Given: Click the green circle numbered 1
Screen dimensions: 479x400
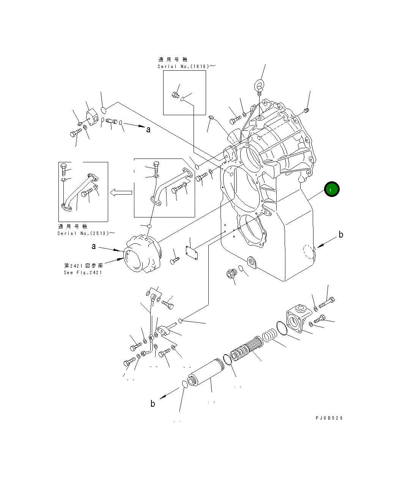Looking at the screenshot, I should pyautogui.click(x=331, y=189).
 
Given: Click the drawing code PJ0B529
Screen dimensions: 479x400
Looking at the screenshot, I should pyautogui.click(x=329, y=418).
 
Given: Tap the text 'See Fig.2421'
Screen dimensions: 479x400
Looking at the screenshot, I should pyautogui.click(x=83, y=272).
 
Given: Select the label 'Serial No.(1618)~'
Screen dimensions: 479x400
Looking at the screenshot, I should pyautogui.click(x=186, y=66).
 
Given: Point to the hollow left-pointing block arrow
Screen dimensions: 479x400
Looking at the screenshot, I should pyautogui.click(x=121, y=193).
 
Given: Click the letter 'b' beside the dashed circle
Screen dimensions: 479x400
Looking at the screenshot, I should pyautogui.click(x=341, y=235).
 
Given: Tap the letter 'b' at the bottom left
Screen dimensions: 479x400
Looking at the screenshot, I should pyautogui.click(x=153, y=404).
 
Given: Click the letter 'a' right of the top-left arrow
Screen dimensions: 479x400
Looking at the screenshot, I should pyautogui.click(x=148, y=130).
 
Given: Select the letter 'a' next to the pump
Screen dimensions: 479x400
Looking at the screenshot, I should pyautogui.click(x=94, y=247).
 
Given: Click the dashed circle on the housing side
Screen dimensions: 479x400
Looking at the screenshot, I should pyautogui.click(x=309, y=252).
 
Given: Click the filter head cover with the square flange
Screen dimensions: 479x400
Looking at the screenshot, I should pyautogui.click(x=297, y=318).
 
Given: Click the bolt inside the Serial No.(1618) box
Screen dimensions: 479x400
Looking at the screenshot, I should pyautogui.click(x=175, y=95).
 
